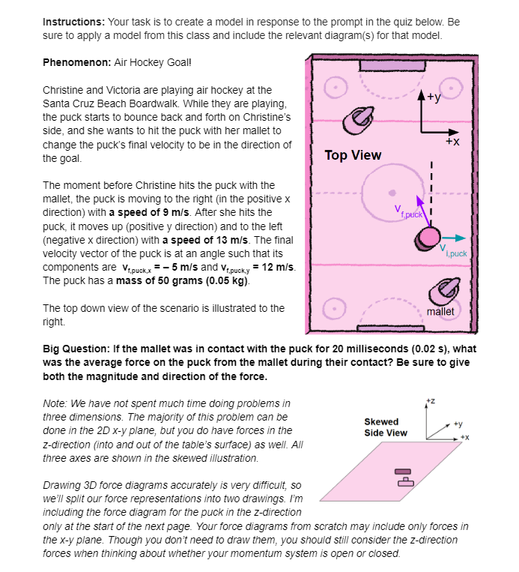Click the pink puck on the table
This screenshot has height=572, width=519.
point(427,238)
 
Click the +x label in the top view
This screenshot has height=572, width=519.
point(453,141)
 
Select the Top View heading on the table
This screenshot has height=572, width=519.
point(352,155)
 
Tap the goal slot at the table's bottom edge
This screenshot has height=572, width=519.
point(386,329)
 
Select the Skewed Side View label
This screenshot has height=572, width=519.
point(386,427)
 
